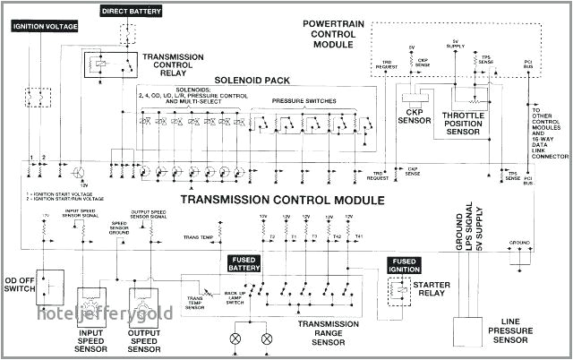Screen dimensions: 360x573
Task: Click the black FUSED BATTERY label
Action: pyautogui.click(x=245, y=263)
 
